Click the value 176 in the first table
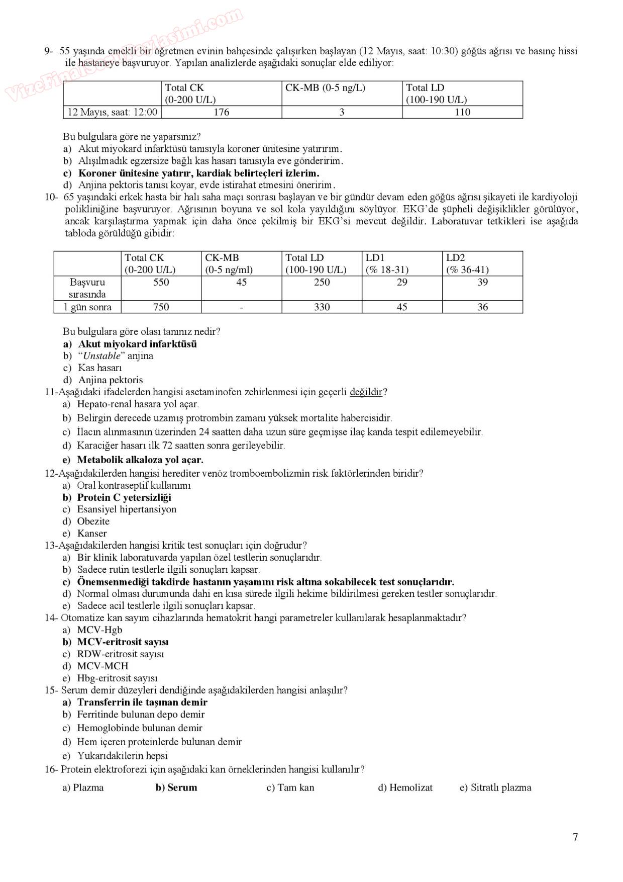[x=221, y=112]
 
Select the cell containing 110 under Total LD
[x=462, y=112]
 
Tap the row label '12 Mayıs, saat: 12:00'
[x=112, y=112]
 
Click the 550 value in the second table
[x=161, y=283]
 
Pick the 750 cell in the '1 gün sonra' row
[x=161, y=307]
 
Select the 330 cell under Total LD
[x=322, y=307]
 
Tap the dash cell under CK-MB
[x=241, y=307]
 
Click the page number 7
[x=575, y=837]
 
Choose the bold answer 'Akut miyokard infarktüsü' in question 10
[x=137, y=344]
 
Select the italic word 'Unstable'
[x=101, y=356]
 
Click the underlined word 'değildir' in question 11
[x=366, y=392]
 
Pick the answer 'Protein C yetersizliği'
[x=124, y=497]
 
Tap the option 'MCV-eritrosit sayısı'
[x=123, y=642]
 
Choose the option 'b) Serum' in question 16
[x=176, y=788]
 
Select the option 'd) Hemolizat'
[x=405, y=788]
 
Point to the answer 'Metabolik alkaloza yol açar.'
[x=140, y=460]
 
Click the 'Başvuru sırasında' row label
[x=87, y=288]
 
